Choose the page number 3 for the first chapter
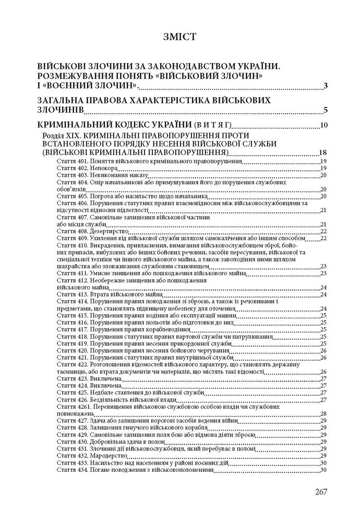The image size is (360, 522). pyautogui.click(x=325, y=86)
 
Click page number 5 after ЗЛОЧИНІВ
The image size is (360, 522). pyautogui.click(x=325, y=110)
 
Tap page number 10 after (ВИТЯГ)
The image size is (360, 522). pyautogui.click(x=323, y=125)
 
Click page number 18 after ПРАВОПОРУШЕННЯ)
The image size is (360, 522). pyautogui.click(x=323, y=152)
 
